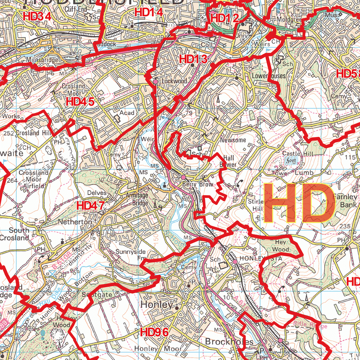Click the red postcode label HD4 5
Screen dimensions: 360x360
pyautogui.click(x=80, y=102)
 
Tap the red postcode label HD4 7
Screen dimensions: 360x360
pyautogui.click(x=91, y=206)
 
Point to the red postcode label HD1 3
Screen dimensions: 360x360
pyautogui.click(x=193, y=59)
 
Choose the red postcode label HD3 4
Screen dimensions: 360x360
pyautogui.click(x=37, y=16)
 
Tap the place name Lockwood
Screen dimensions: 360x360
pyautogui.click(x=174, y=81)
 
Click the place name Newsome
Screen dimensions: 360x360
pyautogui.click(x=233, y=140)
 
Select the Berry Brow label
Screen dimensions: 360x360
pyautogui.click(x=198, y=184)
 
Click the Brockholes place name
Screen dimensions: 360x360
pyautogui.click(x=229, y=342)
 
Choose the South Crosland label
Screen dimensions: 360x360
pyautogui.click(x=19, y=234)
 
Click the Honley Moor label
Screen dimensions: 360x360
pyautogui.click(x=158, y=349)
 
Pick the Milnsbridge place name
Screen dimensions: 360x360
pyautogui.click(x=42, y=60)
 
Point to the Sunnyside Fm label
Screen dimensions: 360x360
pyautogui.click(x=130, y=255)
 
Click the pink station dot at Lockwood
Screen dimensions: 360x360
pyautogui.click(x=155, y=82)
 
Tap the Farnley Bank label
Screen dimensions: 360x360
pyautogui.click(x=346, y=201)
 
